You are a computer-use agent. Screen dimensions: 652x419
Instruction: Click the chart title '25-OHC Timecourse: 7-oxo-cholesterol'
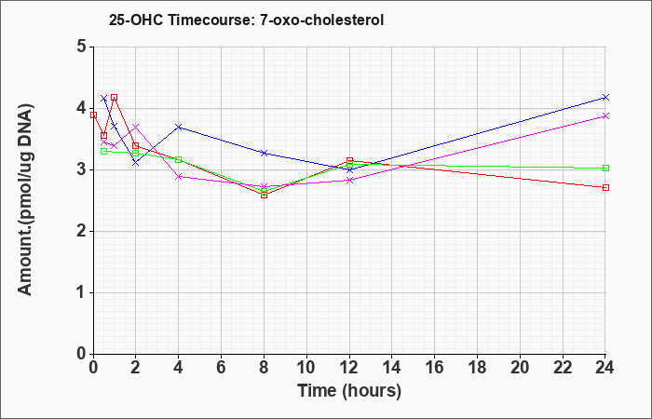pyautogui.click(x=246, y=20)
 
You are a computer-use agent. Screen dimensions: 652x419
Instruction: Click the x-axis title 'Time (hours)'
pyautogui.click(x=349, y=391)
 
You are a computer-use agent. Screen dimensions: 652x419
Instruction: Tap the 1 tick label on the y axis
pyautogui.click(x=82, y=292)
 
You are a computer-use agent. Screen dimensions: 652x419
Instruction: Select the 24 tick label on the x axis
pyautogui.click(x=605, y=368)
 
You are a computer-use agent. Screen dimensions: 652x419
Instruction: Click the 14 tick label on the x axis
pyautogui.click(x=392, y=368)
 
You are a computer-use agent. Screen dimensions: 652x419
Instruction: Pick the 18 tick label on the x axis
pyautogui.click(x=477, y=368)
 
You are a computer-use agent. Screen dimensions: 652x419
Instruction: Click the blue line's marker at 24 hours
pyautogui.click(x=605, y=97)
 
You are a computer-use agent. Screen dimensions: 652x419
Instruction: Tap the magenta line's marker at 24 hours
pyautogui.click(x=605, y=116)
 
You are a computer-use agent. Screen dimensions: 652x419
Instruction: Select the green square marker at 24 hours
pyautogui.click(x=605, y=168)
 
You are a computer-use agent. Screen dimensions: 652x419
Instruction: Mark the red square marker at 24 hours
pyautogui.click(x=605, y=187)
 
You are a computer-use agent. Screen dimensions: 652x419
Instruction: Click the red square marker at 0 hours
pyautogui.click(x=93, y=115)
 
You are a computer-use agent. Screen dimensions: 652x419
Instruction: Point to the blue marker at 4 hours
pyautogui.click(x=179, y=127)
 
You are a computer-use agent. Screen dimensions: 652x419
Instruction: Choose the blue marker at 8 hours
pyautogui.click(x=264, y=153)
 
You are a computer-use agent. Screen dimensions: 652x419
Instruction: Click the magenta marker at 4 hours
pyautogui.click(x=179, y=177)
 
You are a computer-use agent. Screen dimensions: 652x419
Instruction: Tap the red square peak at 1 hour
pyautogui.click(x=115, y=97)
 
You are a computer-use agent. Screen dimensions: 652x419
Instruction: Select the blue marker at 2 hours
pyautogui.click(x=136, y=163)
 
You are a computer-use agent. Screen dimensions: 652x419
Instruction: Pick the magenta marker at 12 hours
pyautogui.click(x=349, y=180)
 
